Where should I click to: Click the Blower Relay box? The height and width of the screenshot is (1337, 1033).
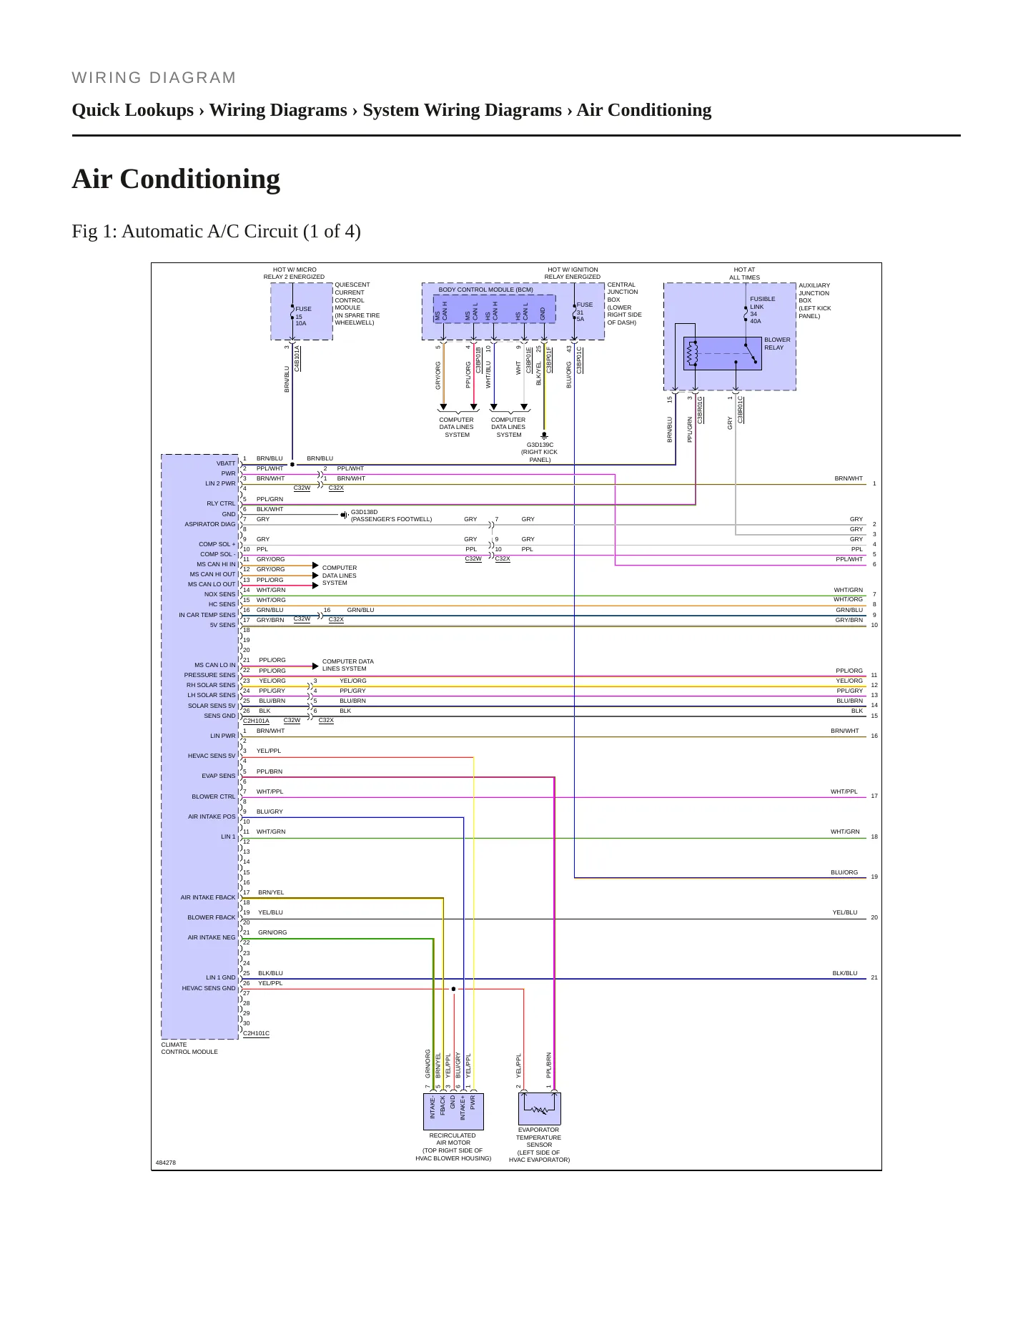[x=722, y=353]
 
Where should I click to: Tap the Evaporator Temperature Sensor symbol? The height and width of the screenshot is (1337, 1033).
[x=540, y=1108]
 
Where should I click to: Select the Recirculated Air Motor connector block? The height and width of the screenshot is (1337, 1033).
[x=453, y=1111]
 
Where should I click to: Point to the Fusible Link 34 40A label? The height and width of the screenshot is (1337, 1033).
[x=762, y=310]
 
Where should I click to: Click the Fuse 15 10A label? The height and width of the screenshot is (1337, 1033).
[x=303, y=316]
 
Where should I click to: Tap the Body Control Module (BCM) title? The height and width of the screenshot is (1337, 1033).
[x=485, y=290]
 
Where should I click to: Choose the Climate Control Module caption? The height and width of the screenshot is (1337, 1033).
[x=189, y=1048]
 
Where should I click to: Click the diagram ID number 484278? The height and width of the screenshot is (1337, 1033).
[x=166, y=1163]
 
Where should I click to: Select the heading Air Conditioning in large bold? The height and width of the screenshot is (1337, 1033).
[x=176, y=179]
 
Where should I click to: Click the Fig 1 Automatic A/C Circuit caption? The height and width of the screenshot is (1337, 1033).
[x=216, y=231]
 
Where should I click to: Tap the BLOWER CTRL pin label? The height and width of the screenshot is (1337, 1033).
[x=213, y=796]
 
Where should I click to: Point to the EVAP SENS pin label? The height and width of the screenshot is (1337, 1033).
[x=218, y=776]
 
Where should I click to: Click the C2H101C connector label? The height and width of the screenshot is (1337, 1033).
[x=256, y=1033]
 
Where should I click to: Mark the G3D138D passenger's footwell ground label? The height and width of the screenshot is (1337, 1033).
[x=391, y=515]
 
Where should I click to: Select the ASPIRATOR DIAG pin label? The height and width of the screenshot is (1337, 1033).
[x=210, y=524]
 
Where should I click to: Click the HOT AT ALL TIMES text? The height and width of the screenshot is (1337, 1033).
[x=744, y=274]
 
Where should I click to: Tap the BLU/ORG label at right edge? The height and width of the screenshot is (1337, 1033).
[x=844, y=872]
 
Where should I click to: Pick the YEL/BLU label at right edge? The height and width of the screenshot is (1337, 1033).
[x=845, y=912]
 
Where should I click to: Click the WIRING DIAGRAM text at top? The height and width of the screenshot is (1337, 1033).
[x=154, y=78]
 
